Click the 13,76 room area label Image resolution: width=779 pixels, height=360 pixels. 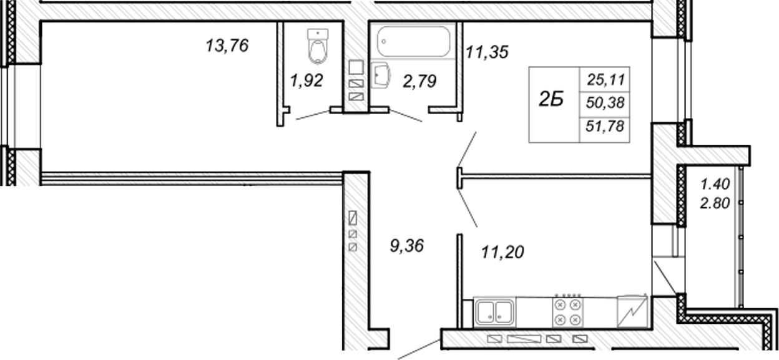227,46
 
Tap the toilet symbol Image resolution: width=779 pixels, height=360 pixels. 318,47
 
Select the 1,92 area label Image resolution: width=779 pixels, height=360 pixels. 306,80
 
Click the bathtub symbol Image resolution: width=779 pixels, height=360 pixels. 413,41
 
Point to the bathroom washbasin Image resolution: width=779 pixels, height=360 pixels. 381,75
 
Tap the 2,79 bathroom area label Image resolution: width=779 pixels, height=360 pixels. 419,81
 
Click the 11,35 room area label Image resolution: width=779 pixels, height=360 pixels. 487,52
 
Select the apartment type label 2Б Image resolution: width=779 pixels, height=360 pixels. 551,99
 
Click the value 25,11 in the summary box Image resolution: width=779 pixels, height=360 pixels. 606,80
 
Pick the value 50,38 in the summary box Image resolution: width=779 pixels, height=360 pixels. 605,103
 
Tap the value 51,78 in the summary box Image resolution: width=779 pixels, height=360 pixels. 605,126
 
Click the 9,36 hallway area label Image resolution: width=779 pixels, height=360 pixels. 406,246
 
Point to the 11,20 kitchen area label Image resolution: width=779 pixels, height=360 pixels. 502,252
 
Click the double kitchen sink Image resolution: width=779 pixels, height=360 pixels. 494,312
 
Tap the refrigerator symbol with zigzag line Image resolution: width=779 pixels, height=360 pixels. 632,312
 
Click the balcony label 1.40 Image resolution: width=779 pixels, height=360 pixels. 715,184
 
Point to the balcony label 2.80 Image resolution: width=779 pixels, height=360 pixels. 715,203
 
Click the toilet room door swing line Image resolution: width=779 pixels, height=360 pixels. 313,115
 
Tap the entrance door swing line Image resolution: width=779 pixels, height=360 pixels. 419,349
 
